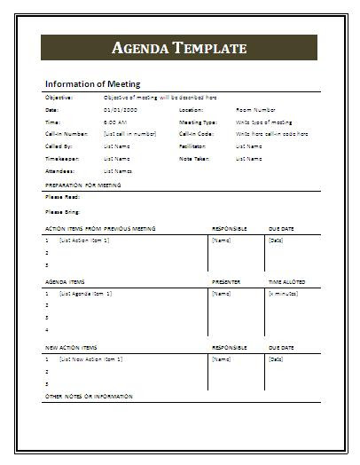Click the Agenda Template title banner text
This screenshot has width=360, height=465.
pos(179,48)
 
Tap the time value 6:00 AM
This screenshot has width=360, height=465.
pos(114,122)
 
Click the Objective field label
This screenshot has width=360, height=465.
pos(59,97)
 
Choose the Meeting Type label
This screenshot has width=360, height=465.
pos(197,122)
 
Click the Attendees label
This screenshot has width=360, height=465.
pos(59,170)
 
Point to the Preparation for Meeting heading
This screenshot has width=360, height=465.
pos(82,185)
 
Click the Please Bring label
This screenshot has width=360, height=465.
pos(61,212)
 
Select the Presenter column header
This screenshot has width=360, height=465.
pos(226,281)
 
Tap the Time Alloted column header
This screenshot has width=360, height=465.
pos(288,281)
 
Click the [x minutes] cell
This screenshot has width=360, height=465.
pos(283,293)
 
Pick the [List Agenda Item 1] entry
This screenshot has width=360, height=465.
pos(84,293)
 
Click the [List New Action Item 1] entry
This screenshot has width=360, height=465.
pos(90,359)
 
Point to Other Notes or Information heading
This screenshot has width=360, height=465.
pos(88,396)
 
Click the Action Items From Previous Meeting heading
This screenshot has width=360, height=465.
pos(99,228)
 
